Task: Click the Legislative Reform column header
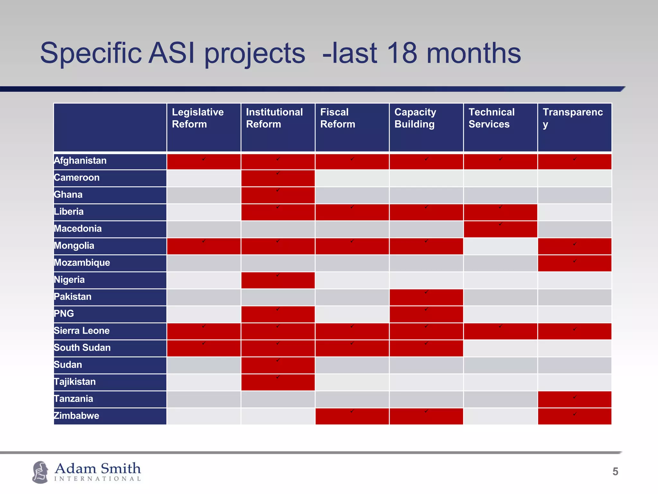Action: pos(203,127)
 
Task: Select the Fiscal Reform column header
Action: pos(352,127)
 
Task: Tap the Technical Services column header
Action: pos(500,127)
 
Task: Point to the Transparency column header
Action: pos(574,127)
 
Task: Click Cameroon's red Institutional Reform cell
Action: pos(278,178)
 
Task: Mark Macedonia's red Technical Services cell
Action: pos(500,229)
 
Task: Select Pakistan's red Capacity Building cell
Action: pos(426,297)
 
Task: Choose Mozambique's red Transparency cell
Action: pos(574,263)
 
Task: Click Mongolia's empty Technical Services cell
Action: pos(500,246)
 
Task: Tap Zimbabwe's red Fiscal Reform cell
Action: pos(352,416)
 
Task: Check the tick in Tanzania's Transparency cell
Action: pos(575,397)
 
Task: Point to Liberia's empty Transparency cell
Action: pos(574,212)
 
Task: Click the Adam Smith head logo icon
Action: pos(40,472)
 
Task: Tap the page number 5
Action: pos(615,471)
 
